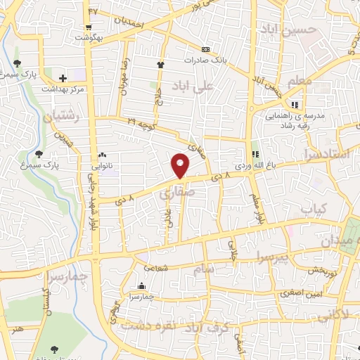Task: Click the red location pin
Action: [x=181, y=165]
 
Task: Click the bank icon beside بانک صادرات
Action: [x=205, y=49]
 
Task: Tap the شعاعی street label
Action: [x=155, y=267]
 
